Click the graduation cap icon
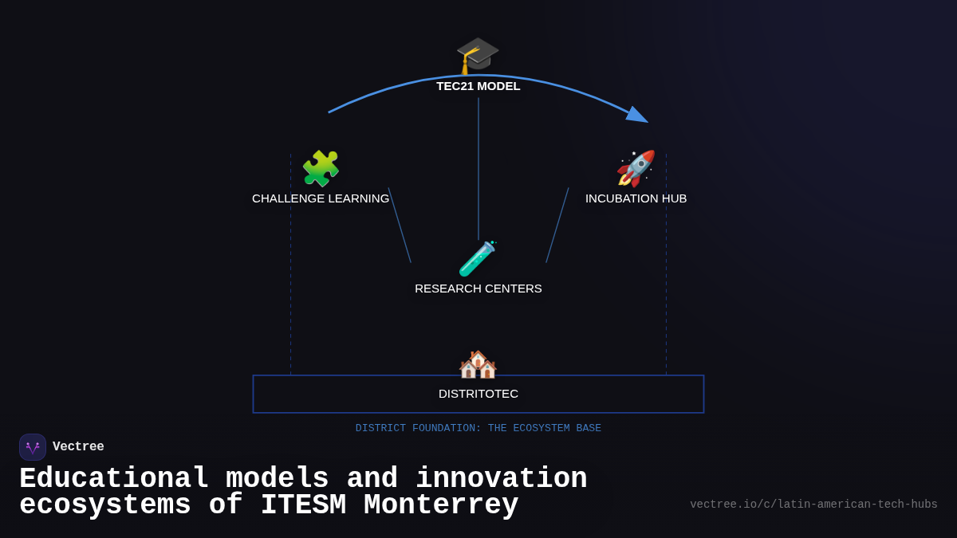click(478, 54)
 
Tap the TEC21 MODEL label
click(478, 86)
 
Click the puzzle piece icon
click(321, 168)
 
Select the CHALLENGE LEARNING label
click(321, 198)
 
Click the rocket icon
click(636, 168)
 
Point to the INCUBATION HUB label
click(636, 198)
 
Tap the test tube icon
click(478, 258)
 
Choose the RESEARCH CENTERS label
click(478, 289)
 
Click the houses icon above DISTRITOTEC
click(478, 364)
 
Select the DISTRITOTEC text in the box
click(478, 394)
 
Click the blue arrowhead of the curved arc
click(637, 116)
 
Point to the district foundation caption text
click(478, 429)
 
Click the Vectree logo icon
click(33, 447)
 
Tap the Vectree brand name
click(78, 447)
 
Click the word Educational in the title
click(114, 479)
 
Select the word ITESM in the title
click(303, 505)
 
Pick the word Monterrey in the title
click(441, 505)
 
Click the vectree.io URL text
click(813, 505)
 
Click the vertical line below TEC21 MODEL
click(478, 167)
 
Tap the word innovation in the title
click(501, 479)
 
